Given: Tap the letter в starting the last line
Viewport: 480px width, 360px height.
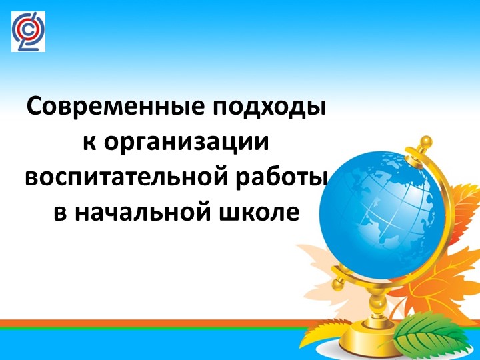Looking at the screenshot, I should click(x=59, y=213).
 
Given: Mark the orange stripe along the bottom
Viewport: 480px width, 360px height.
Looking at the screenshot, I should click(x=167, y=323).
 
